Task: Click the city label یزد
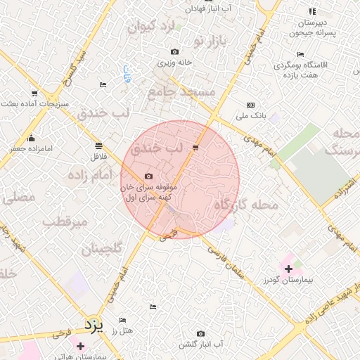tap(94, 325)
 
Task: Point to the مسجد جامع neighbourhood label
tap(181, 93)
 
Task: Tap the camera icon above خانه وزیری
tap(174, 52)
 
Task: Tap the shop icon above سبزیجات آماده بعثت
tap(34, 94)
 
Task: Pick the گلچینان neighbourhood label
tap(101, 249)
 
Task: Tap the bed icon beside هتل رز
tap(122, 320)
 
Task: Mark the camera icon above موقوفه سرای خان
tap(148, 176)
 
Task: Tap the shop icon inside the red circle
tap(195, 148)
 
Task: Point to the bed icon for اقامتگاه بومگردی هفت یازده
tap(300, 54)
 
